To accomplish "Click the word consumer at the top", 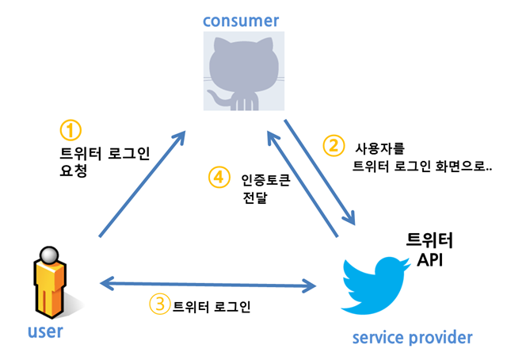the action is click(241, 21).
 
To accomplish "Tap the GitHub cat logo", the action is click(244, 71).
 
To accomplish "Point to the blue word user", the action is click(45, 331).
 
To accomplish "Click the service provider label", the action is click(412, 338).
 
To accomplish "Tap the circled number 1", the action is click(71, 131).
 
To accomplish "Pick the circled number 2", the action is click(334, 146).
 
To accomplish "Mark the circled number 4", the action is click(219, 177).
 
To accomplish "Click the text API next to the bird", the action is click(429, 259).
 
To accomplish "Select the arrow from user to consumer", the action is click(142, 184).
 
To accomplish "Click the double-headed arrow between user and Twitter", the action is click(208, 285).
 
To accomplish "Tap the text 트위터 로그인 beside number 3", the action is click(212, 306).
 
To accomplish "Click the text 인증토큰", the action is click(266, 180).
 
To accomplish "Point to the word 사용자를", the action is click(379, 148).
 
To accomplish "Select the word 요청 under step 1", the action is click(74, 170).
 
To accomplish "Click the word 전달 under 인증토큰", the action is click(255, 197).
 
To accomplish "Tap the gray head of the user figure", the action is click(49, 255).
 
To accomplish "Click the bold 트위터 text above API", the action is click(429, 240).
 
